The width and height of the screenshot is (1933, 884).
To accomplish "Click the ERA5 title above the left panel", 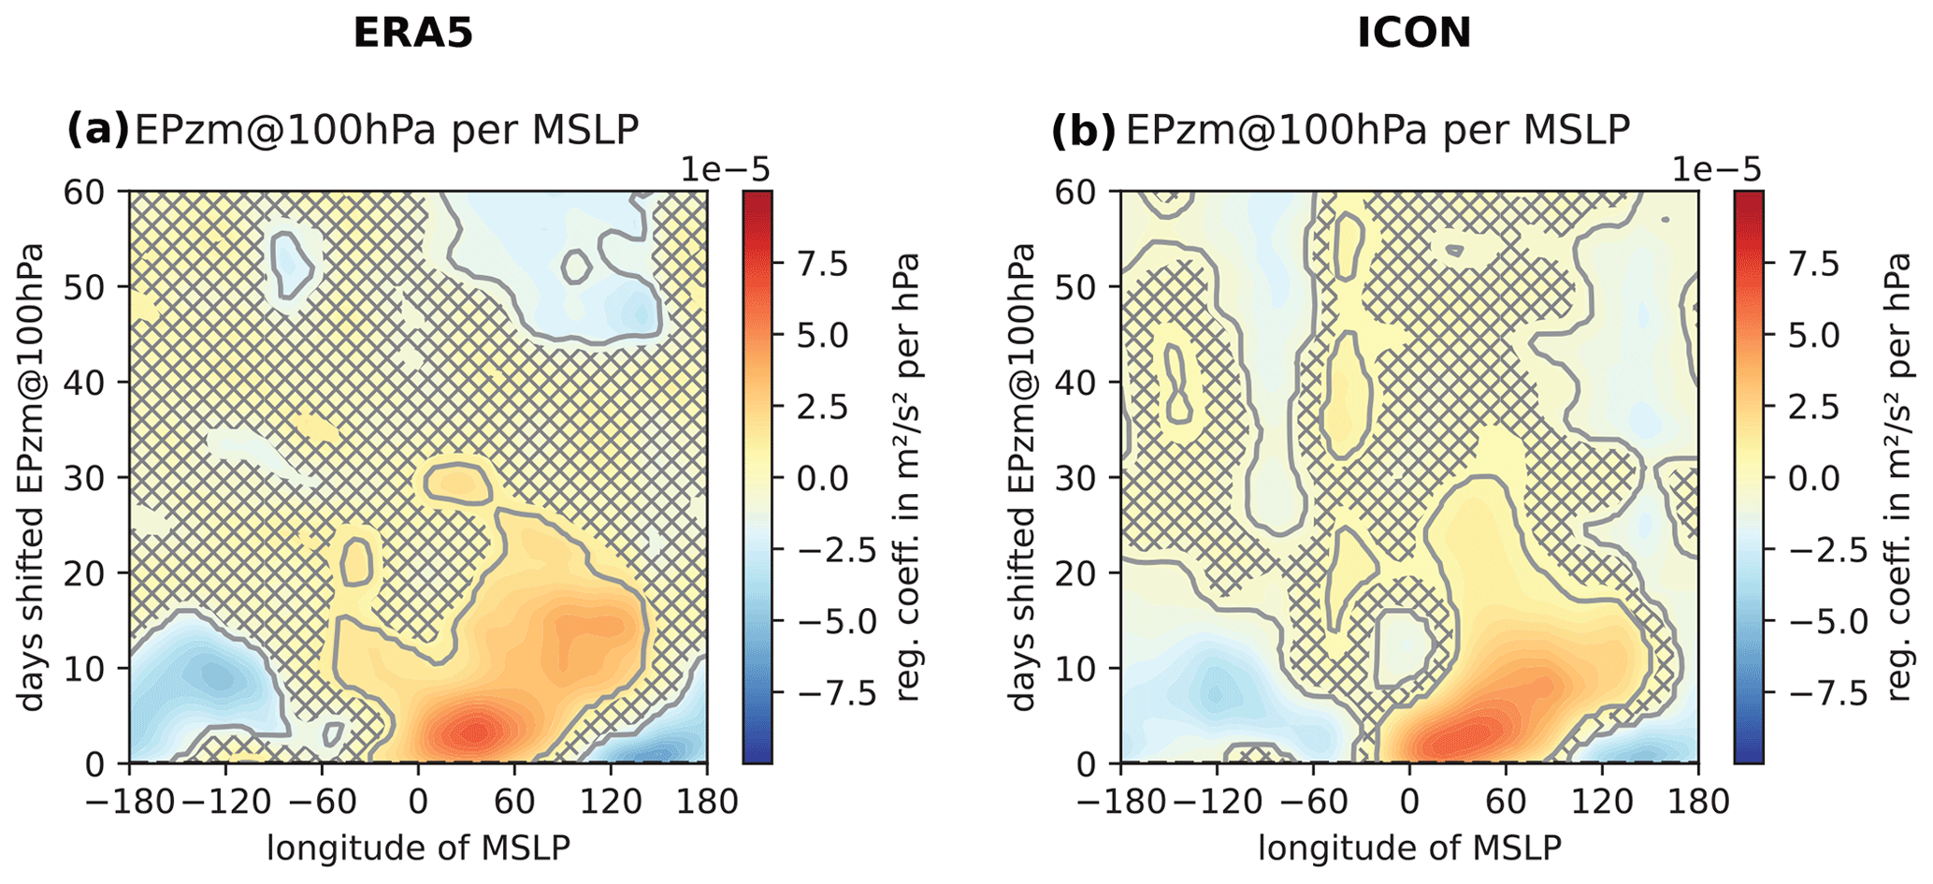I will [x=412, y=34].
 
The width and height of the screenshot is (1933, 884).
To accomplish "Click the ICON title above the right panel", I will [x=1414, y=34].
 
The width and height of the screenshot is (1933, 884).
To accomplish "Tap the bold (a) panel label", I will [x=97, y=130].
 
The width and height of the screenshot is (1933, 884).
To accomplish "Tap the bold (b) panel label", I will [x=1084, y=130].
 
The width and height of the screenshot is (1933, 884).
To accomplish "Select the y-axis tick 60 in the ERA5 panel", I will [x=87, y=192].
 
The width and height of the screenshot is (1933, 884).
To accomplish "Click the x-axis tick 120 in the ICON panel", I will [x=1602, y=804].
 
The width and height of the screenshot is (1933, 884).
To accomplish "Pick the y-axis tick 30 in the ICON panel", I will [x=1078, y=478].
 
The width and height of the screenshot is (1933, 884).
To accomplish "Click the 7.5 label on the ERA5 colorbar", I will [x=822, y=265].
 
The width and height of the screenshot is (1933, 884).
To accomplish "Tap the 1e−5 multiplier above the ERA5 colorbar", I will [x=724, y=170].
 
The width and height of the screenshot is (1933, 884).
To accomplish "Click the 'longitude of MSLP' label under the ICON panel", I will [x=1409, y=848].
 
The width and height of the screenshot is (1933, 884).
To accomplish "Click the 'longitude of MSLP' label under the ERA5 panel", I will [x=418, y=848].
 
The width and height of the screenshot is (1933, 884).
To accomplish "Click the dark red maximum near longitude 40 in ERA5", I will [x=477, y=731].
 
